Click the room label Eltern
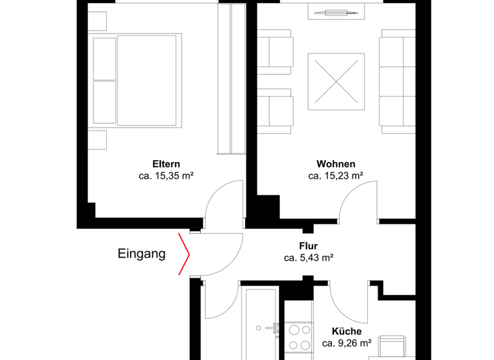coord(165,163)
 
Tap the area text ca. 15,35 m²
coord(166,175)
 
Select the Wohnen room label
coord(335,163)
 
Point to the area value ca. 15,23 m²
coord(336,175)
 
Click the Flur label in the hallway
coord(308,246)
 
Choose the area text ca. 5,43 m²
coord(308,258)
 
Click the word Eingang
coord(142,254)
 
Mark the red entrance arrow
coord(185,254)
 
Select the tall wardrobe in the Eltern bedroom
coord(232,78)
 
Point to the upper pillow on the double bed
coord(105,59)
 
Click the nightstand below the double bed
coord(96,139)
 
